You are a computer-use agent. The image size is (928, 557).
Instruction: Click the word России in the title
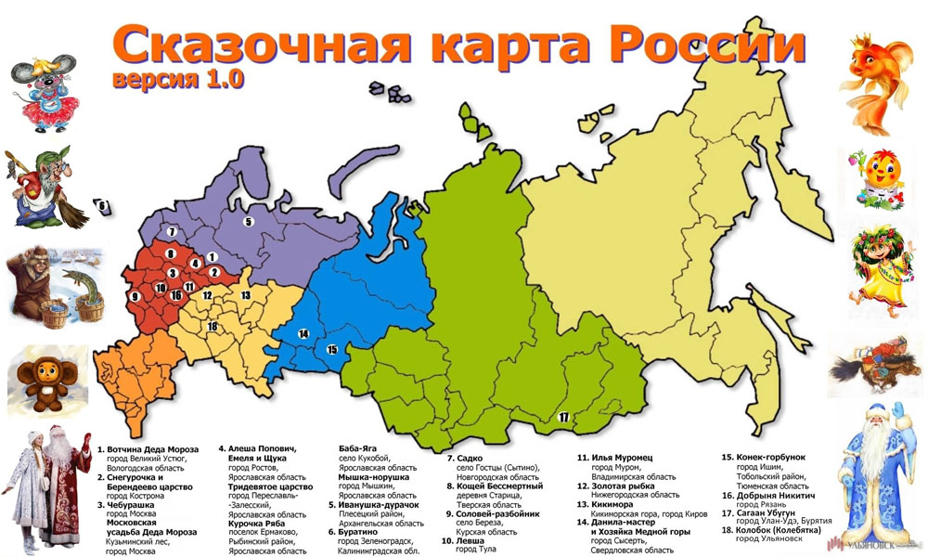(x=699, y=44)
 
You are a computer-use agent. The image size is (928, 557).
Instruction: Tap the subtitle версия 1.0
(x=178, y=78)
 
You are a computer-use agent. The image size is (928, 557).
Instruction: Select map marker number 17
(x=563, y=417)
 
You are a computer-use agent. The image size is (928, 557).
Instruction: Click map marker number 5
(x=248, y=222)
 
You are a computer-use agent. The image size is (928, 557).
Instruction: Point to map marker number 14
(x=303, y=333)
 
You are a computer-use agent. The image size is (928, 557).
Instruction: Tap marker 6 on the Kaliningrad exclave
(x=103, y=206)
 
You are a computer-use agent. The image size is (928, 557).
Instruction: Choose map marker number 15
(x=332, y=349)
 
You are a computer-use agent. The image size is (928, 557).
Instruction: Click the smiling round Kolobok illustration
(x=877, y=176)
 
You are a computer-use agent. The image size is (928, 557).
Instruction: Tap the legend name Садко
(x=470, y=458)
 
